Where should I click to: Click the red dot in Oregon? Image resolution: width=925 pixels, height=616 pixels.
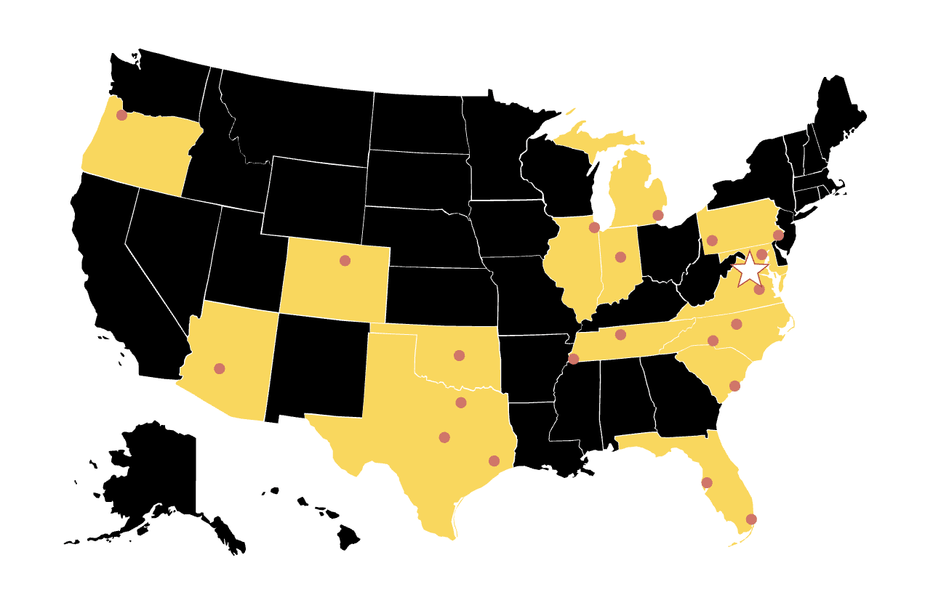pos(121,115)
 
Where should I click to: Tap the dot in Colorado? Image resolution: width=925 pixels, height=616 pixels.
pos(345,260)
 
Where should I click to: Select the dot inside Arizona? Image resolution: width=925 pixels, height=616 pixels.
pos(219,368)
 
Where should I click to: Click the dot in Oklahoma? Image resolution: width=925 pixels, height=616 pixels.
pos(459,355)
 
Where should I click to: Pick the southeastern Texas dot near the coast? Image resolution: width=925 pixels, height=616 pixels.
pos(494,461)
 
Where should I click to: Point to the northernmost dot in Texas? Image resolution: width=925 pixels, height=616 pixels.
pos(460,402)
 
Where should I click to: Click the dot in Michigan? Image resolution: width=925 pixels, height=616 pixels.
pos(657,215)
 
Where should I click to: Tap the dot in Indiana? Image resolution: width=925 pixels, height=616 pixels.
pos(620,256)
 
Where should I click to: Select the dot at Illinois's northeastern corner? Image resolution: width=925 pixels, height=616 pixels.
pos(593,227)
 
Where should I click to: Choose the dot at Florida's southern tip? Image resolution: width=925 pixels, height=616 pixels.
pos(751,519)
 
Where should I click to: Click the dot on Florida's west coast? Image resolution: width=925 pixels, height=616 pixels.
pos(706,482)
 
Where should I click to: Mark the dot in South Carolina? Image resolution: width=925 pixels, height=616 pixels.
pos(734,386)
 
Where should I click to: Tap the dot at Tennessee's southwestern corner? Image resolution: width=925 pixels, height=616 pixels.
pos(573,359)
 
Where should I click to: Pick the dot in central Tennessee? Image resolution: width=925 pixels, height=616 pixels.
pos(620,334)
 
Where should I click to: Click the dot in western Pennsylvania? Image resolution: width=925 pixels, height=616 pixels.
pos(712,240)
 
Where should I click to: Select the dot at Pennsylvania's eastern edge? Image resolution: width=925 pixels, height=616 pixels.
pos(778,235)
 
